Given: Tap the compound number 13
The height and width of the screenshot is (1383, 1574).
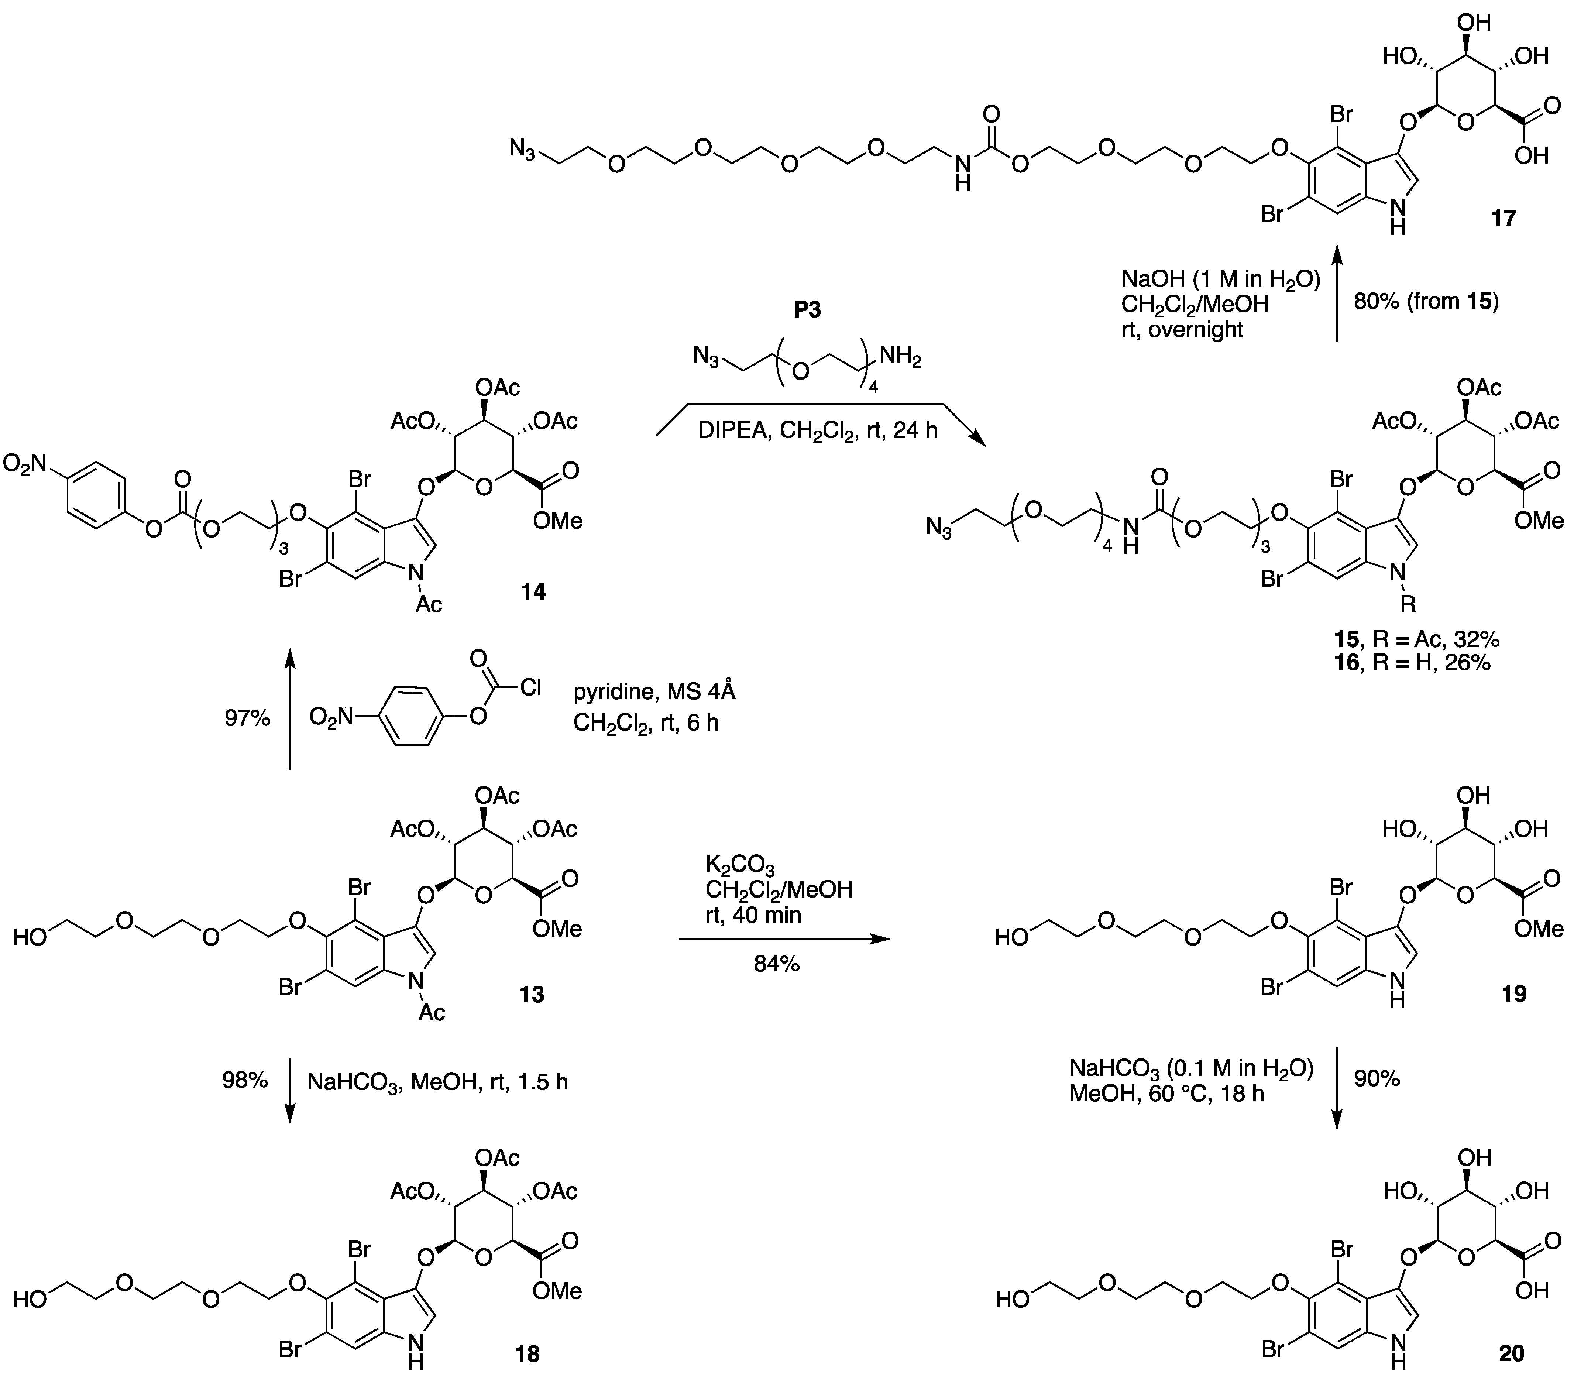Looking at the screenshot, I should pos(531,995).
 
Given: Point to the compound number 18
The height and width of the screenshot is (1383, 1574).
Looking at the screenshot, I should pos(527,1354).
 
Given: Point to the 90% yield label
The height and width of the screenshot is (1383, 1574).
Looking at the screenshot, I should pos(1377,1079).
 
